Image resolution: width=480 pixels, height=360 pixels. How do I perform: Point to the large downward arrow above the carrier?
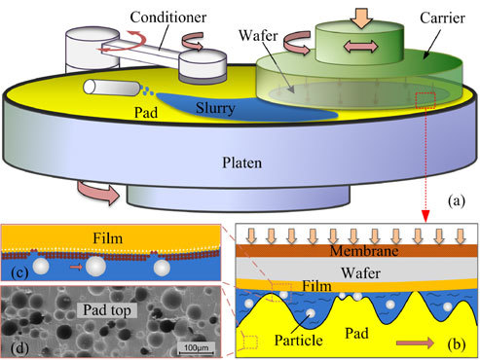pos(357,15)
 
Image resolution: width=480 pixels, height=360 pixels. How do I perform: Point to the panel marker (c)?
pos(19,270)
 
